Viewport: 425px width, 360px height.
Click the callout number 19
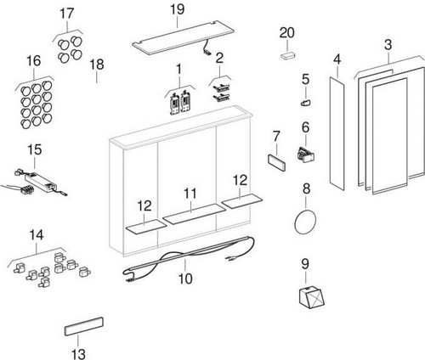point(178,9)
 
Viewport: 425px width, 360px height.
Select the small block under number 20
point(287,54)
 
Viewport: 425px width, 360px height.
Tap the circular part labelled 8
point(305,222)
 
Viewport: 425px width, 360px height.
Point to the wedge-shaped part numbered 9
point(311,297)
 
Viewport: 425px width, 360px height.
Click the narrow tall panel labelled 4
point(337,133)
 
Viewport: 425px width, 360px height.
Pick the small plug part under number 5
point(306,103)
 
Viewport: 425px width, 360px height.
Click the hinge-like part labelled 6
point(306,155)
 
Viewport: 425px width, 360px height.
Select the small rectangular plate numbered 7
point(276,161)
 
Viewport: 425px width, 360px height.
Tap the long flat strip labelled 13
point(84,326)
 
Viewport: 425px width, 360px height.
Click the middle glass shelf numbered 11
point(195,214)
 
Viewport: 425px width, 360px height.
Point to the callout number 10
point(185,278)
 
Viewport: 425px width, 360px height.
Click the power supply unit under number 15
point(40,181)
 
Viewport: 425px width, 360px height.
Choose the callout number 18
point(97,65)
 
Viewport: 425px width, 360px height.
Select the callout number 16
point(34,61)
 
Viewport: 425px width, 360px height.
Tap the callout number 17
point(67,14)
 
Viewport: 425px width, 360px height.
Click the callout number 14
point(37,235)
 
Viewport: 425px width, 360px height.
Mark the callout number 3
point(388,44)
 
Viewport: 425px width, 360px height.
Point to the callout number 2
point(219,58)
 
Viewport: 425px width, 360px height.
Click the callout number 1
point(179,69)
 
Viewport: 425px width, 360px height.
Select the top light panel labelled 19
point(184,38)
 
